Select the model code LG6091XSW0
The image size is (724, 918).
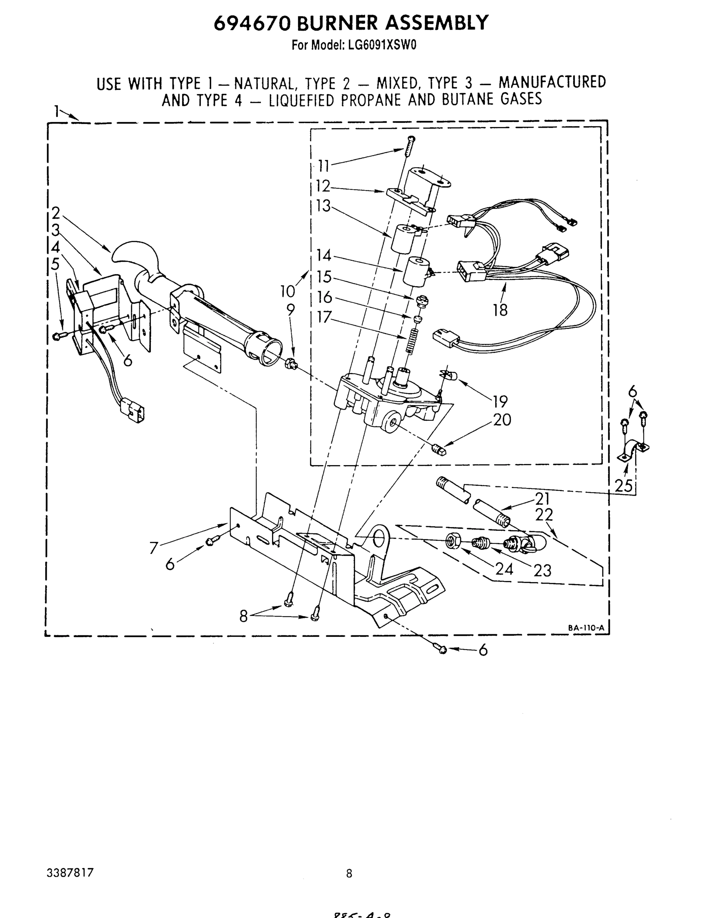click(x=382, y=46)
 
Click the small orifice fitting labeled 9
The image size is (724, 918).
click(x=290, y=363)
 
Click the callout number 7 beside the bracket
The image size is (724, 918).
click(x=153, y=548)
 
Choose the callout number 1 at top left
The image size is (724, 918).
click(x=57, y=111)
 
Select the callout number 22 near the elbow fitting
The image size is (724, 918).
click(x=544, y=515)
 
